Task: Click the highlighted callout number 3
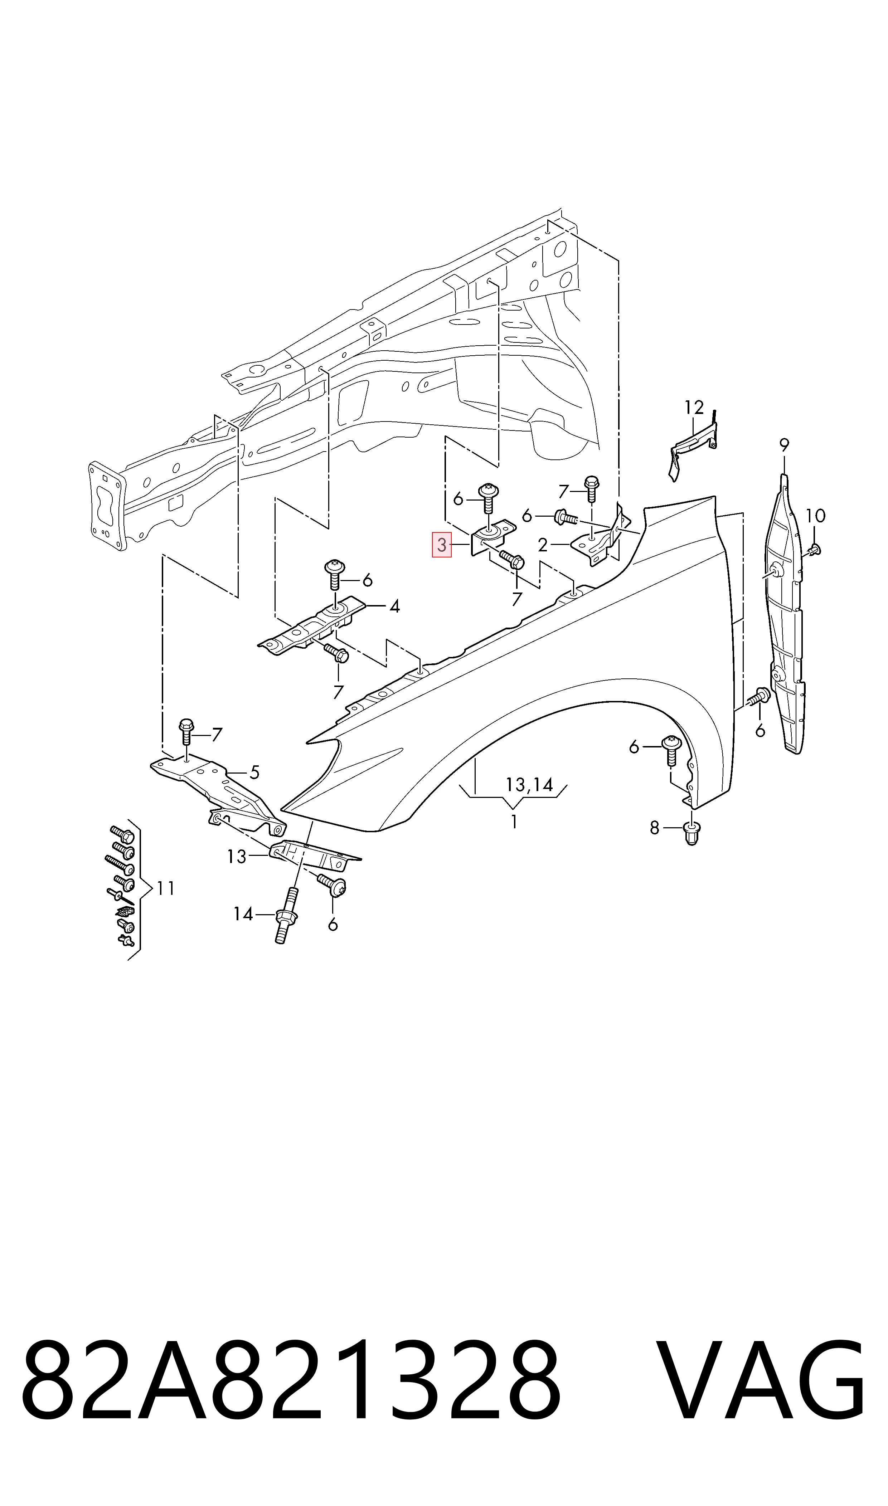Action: point(442,545)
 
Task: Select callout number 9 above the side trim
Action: point(784,445)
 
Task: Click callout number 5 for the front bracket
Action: point(254,773)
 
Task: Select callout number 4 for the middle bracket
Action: point(394,606)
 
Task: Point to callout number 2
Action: point(542,545)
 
